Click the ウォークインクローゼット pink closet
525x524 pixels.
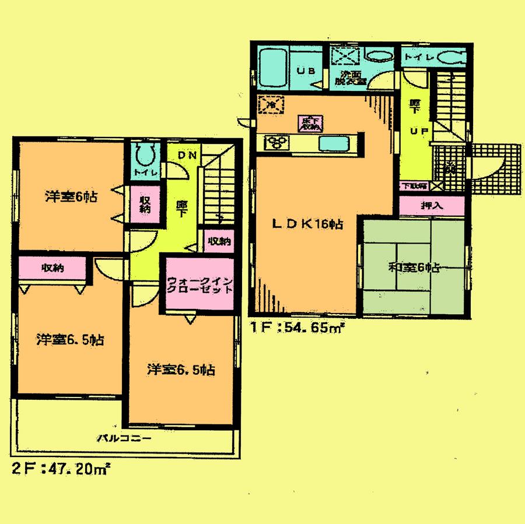pyautogui.click(x=200, y=286)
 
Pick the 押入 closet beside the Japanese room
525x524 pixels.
pyautogui.click(x=432, y=205)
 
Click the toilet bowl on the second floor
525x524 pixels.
pyautogui.click(x=143, y=155)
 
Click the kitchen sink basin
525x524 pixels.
pyautogui.click(x=333, y=143)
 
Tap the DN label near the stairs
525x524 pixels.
pyautogui.click(x=186, y=155)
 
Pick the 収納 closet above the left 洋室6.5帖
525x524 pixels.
pyautogui.click(x=52, y=268)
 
